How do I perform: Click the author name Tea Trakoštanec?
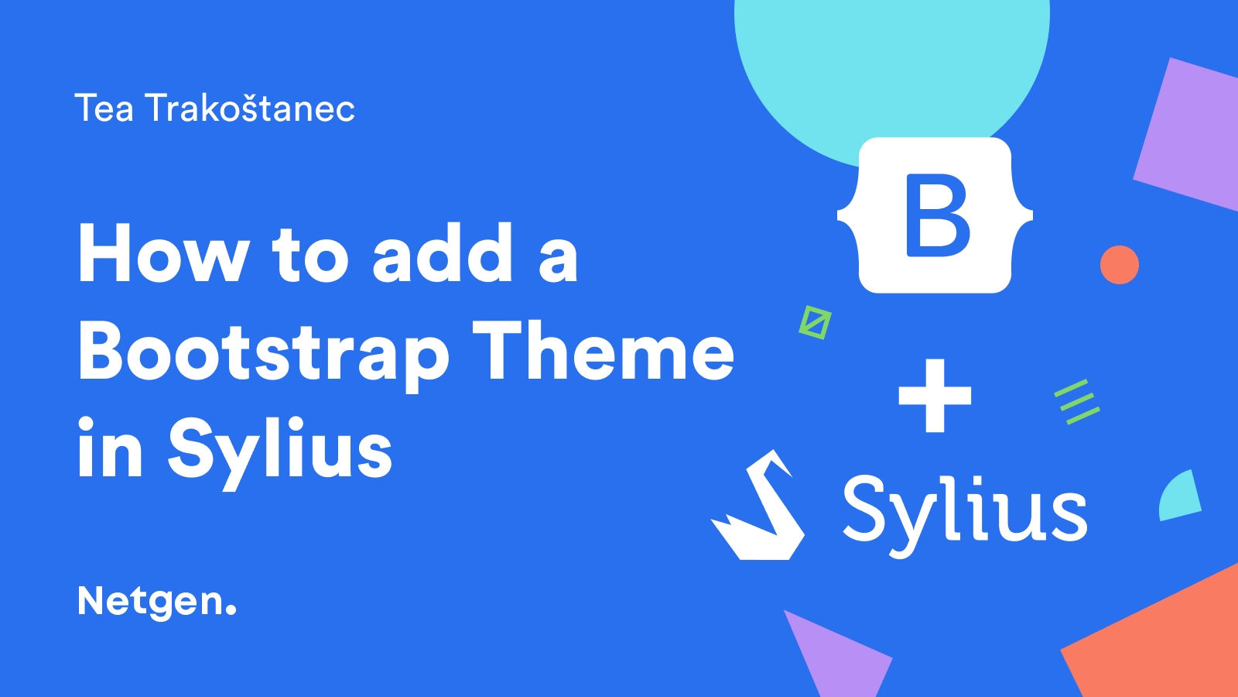coord(214,108)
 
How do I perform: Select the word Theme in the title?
coord(604,349)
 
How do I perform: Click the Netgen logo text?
coord(157,603)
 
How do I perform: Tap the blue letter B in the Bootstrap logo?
coord(936,215)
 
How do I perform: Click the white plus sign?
coord(935,396)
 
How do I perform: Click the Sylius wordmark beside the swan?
coord(964,513)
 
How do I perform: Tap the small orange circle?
coord(1119,264)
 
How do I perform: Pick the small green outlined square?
coord(815,322)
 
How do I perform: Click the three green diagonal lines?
coord(1076,402)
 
